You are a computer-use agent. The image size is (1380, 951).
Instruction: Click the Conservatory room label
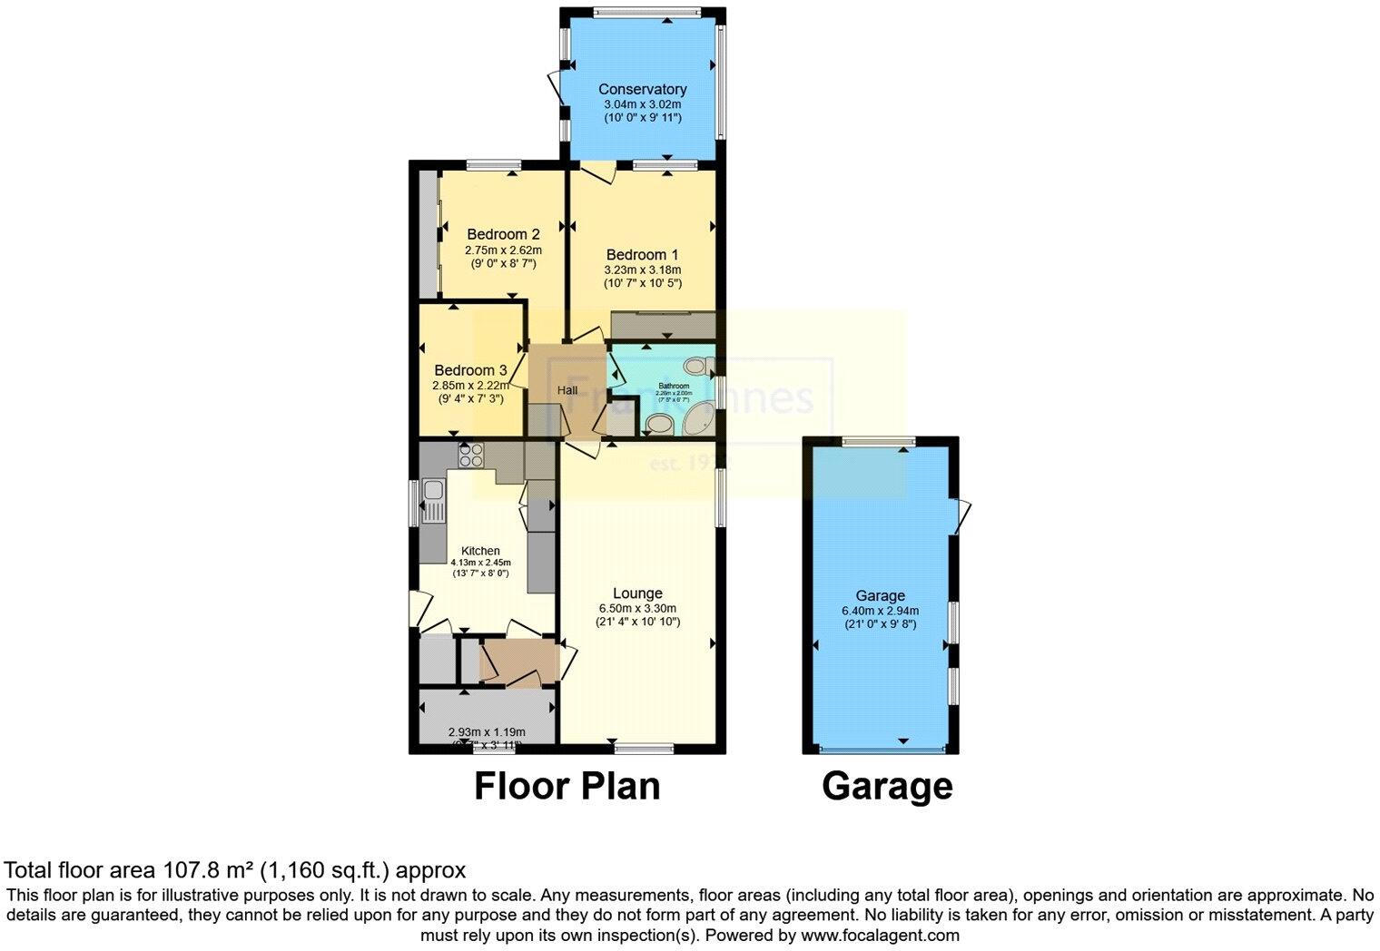[x=642, y=89]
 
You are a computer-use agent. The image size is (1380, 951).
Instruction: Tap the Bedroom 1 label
[x=642, y=254]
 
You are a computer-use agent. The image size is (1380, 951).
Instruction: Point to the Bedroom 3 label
[x=470, y=370]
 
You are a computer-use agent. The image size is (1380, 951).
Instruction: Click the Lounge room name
[x=637, y=593]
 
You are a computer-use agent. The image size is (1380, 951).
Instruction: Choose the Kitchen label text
[x=480, y=551]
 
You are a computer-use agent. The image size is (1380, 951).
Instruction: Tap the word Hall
[x=567, y=390]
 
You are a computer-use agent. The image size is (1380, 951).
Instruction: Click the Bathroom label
[x=674, y=386]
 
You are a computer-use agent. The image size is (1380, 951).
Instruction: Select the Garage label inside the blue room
[x=880, y=595]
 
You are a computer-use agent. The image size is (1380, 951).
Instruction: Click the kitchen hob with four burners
[x=470, y=455]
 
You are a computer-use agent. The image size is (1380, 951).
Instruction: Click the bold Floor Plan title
[x=567, y=786]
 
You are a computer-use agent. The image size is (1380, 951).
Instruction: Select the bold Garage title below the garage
[x=887, y=786]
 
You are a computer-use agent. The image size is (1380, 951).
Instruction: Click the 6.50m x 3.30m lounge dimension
[x=637, y=608]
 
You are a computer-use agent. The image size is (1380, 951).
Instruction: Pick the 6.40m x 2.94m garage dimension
[x=880, y=611]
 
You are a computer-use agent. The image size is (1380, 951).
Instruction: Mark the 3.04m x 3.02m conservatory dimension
[x=642, y=104]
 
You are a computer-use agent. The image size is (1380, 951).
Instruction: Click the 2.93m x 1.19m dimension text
[x=487, y=732]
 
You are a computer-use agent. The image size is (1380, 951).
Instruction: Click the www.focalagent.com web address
[x=879, y=935]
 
